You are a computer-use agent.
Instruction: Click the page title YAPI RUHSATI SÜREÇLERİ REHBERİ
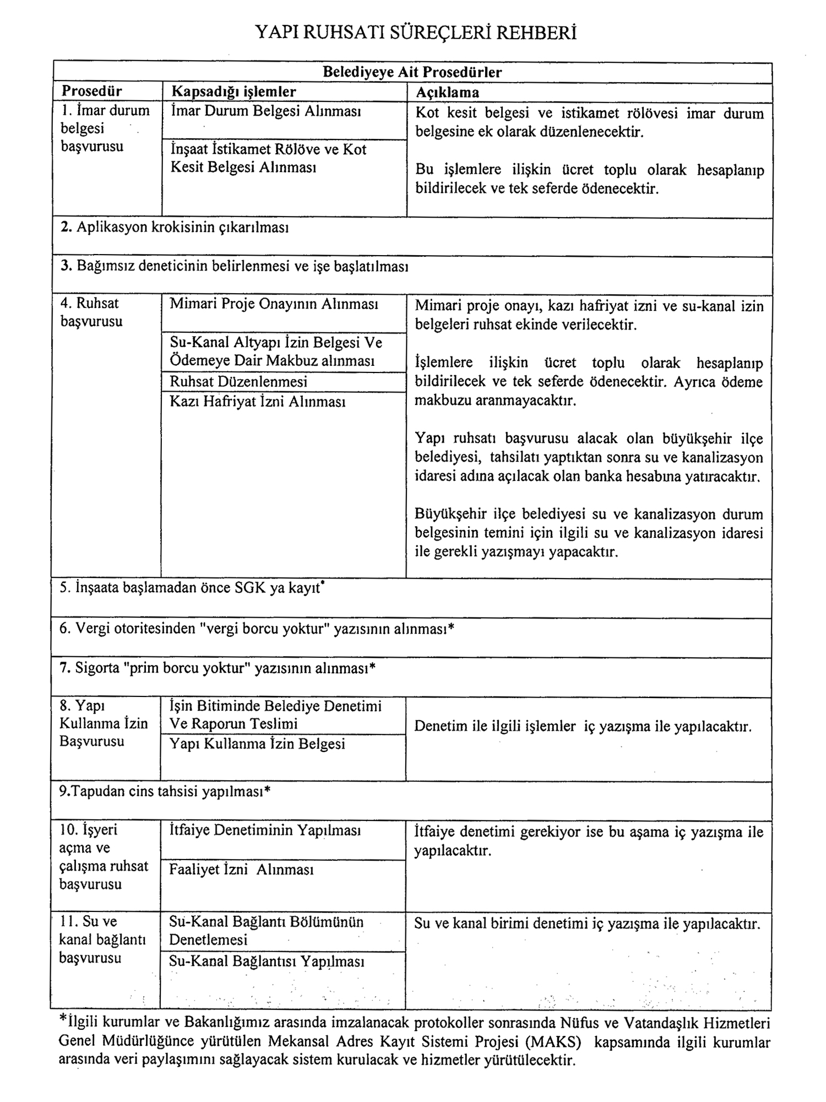(x=416, y=34)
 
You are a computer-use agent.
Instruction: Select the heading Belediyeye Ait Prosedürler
(x=412, y=73)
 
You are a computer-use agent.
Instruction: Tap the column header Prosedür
(x=92, y=91)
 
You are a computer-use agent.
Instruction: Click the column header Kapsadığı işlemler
(x=233, y=92)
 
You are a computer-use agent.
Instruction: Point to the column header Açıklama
(x=448, y=93)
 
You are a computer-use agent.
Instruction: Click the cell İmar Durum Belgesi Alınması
(x=266, y=111)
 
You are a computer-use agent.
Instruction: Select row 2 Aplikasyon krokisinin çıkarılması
(x=175, y=228)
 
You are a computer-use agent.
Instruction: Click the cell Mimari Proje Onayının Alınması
(x=274, y=304)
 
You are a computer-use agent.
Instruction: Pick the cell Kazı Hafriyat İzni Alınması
(x=257, y=402)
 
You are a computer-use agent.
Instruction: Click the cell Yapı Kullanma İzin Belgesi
(x=257, y=744)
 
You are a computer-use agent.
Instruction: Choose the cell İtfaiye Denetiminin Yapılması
(x=265, y=830)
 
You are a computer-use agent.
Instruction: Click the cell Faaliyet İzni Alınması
(x=241, y=870)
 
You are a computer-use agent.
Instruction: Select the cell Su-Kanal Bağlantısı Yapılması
(x=267, y=962)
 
